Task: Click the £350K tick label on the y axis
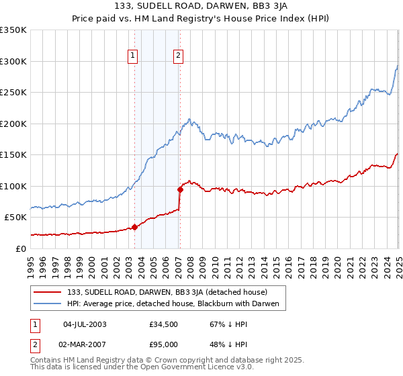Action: pos(13,30)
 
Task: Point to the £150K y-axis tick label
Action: pos(13,154)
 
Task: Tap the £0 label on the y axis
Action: pos(20,248)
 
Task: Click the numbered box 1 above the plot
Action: pos(134,56)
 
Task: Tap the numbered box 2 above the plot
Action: pos(179,56)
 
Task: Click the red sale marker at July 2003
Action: pos(134,227)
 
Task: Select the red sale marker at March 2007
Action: pos(179,189)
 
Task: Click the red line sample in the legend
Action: pos(48,293)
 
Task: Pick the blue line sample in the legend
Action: pos(48,304)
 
